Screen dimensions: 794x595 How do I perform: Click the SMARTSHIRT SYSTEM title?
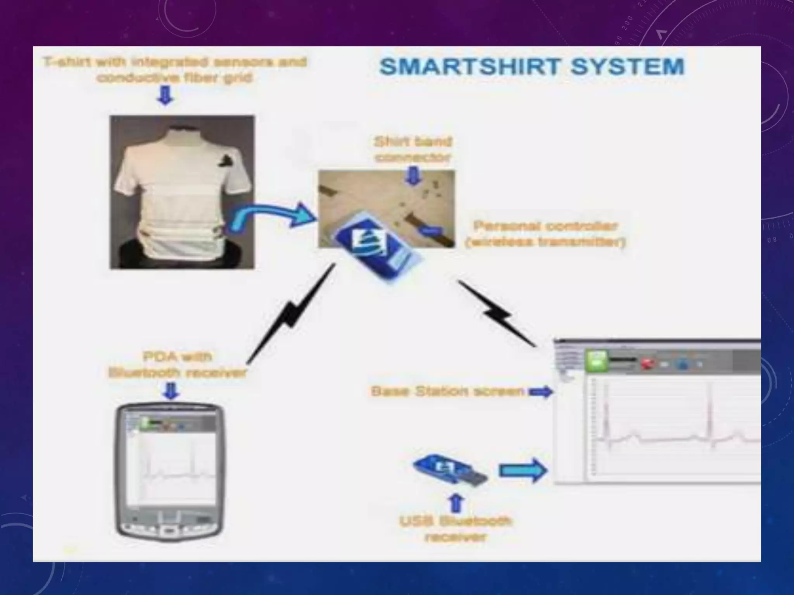[532, 67]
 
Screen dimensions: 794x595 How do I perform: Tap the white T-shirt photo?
[182, 192]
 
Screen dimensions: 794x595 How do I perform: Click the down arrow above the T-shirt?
[165, 95]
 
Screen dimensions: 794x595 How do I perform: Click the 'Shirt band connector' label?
[413, 150]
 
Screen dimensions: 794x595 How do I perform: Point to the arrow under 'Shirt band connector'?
[413, 176]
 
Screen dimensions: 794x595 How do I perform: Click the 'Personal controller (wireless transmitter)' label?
[545, 234]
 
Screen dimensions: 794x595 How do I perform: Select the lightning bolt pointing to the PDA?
[291, 314]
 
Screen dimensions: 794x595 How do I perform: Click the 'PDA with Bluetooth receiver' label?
[177, 365]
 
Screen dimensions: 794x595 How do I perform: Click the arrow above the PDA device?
[171, 391]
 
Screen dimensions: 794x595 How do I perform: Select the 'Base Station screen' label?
[447, 392]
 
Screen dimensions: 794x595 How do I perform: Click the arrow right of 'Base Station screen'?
[541, 392]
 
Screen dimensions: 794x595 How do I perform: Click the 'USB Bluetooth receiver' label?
[455, 529]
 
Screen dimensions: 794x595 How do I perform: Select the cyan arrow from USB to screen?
[523, 471]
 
